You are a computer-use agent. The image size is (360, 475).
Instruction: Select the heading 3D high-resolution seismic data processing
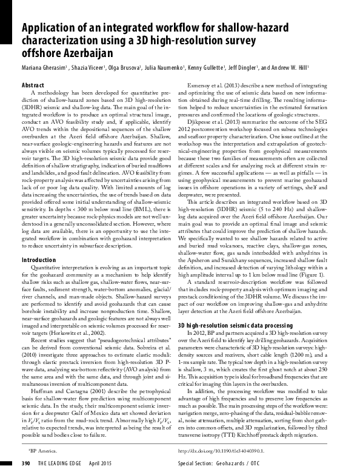click(x=235, y=325)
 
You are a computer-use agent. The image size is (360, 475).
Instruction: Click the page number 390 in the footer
click(x=26, y=463)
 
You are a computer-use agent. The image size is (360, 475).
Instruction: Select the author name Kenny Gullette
click(x=203, y=67)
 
